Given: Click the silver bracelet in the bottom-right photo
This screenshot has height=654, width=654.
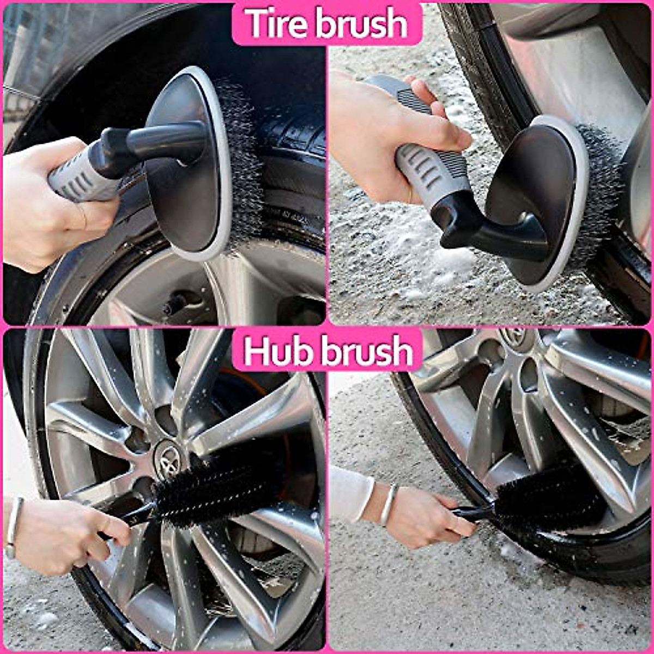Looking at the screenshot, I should click(x=387, y=504).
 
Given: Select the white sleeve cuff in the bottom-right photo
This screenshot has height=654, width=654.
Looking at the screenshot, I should click(x=352, y=493).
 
